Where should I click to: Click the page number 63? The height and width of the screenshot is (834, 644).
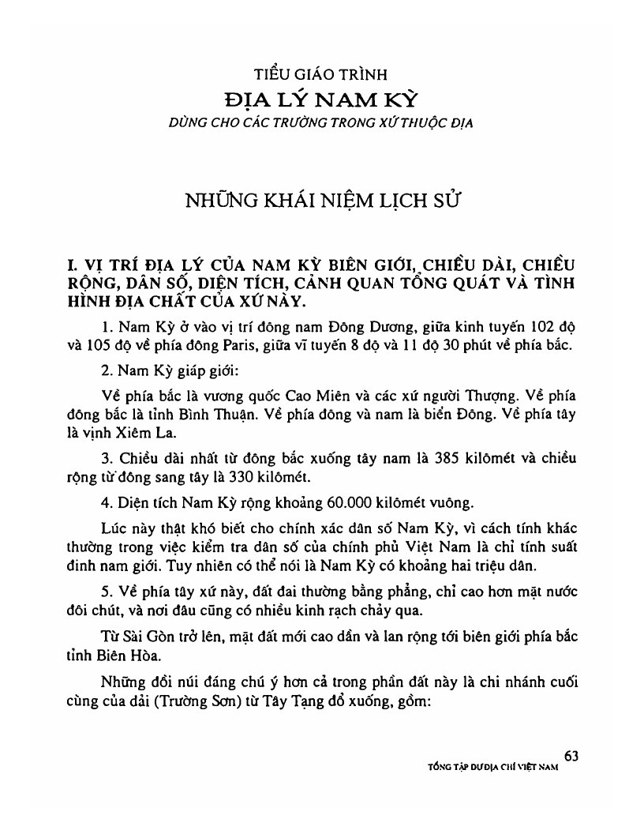click(572, 756)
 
